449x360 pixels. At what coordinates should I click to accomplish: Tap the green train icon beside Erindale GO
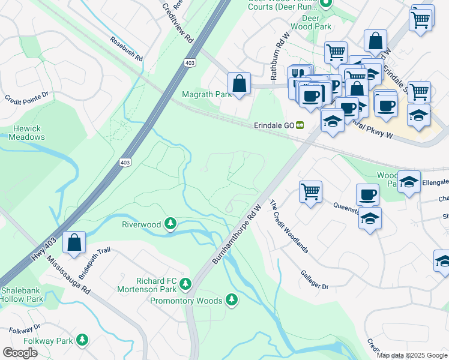[299, 125]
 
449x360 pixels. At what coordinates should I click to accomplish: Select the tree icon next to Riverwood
[171, 224]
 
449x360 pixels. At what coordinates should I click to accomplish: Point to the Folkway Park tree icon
[82, 341]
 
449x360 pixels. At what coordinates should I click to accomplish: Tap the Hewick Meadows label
[26, 133]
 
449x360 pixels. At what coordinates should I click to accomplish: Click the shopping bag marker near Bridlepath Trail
[74, 243]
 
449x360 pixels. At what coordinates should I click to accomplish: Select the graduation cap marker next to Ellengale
[409, 181]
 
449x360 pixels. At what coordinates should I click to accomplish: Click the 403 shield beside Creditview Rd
[190, 62]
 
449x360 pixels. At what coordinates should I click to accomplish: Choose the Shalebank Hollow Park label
[22, 295]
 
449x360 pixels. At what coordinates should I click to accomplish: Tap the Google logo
[20, 353]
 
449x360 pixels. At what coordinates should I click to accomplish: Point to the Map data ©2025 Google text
[411, 355]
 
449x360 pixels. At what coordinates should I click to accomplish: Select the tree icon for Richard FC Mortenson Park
[186, 283]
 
